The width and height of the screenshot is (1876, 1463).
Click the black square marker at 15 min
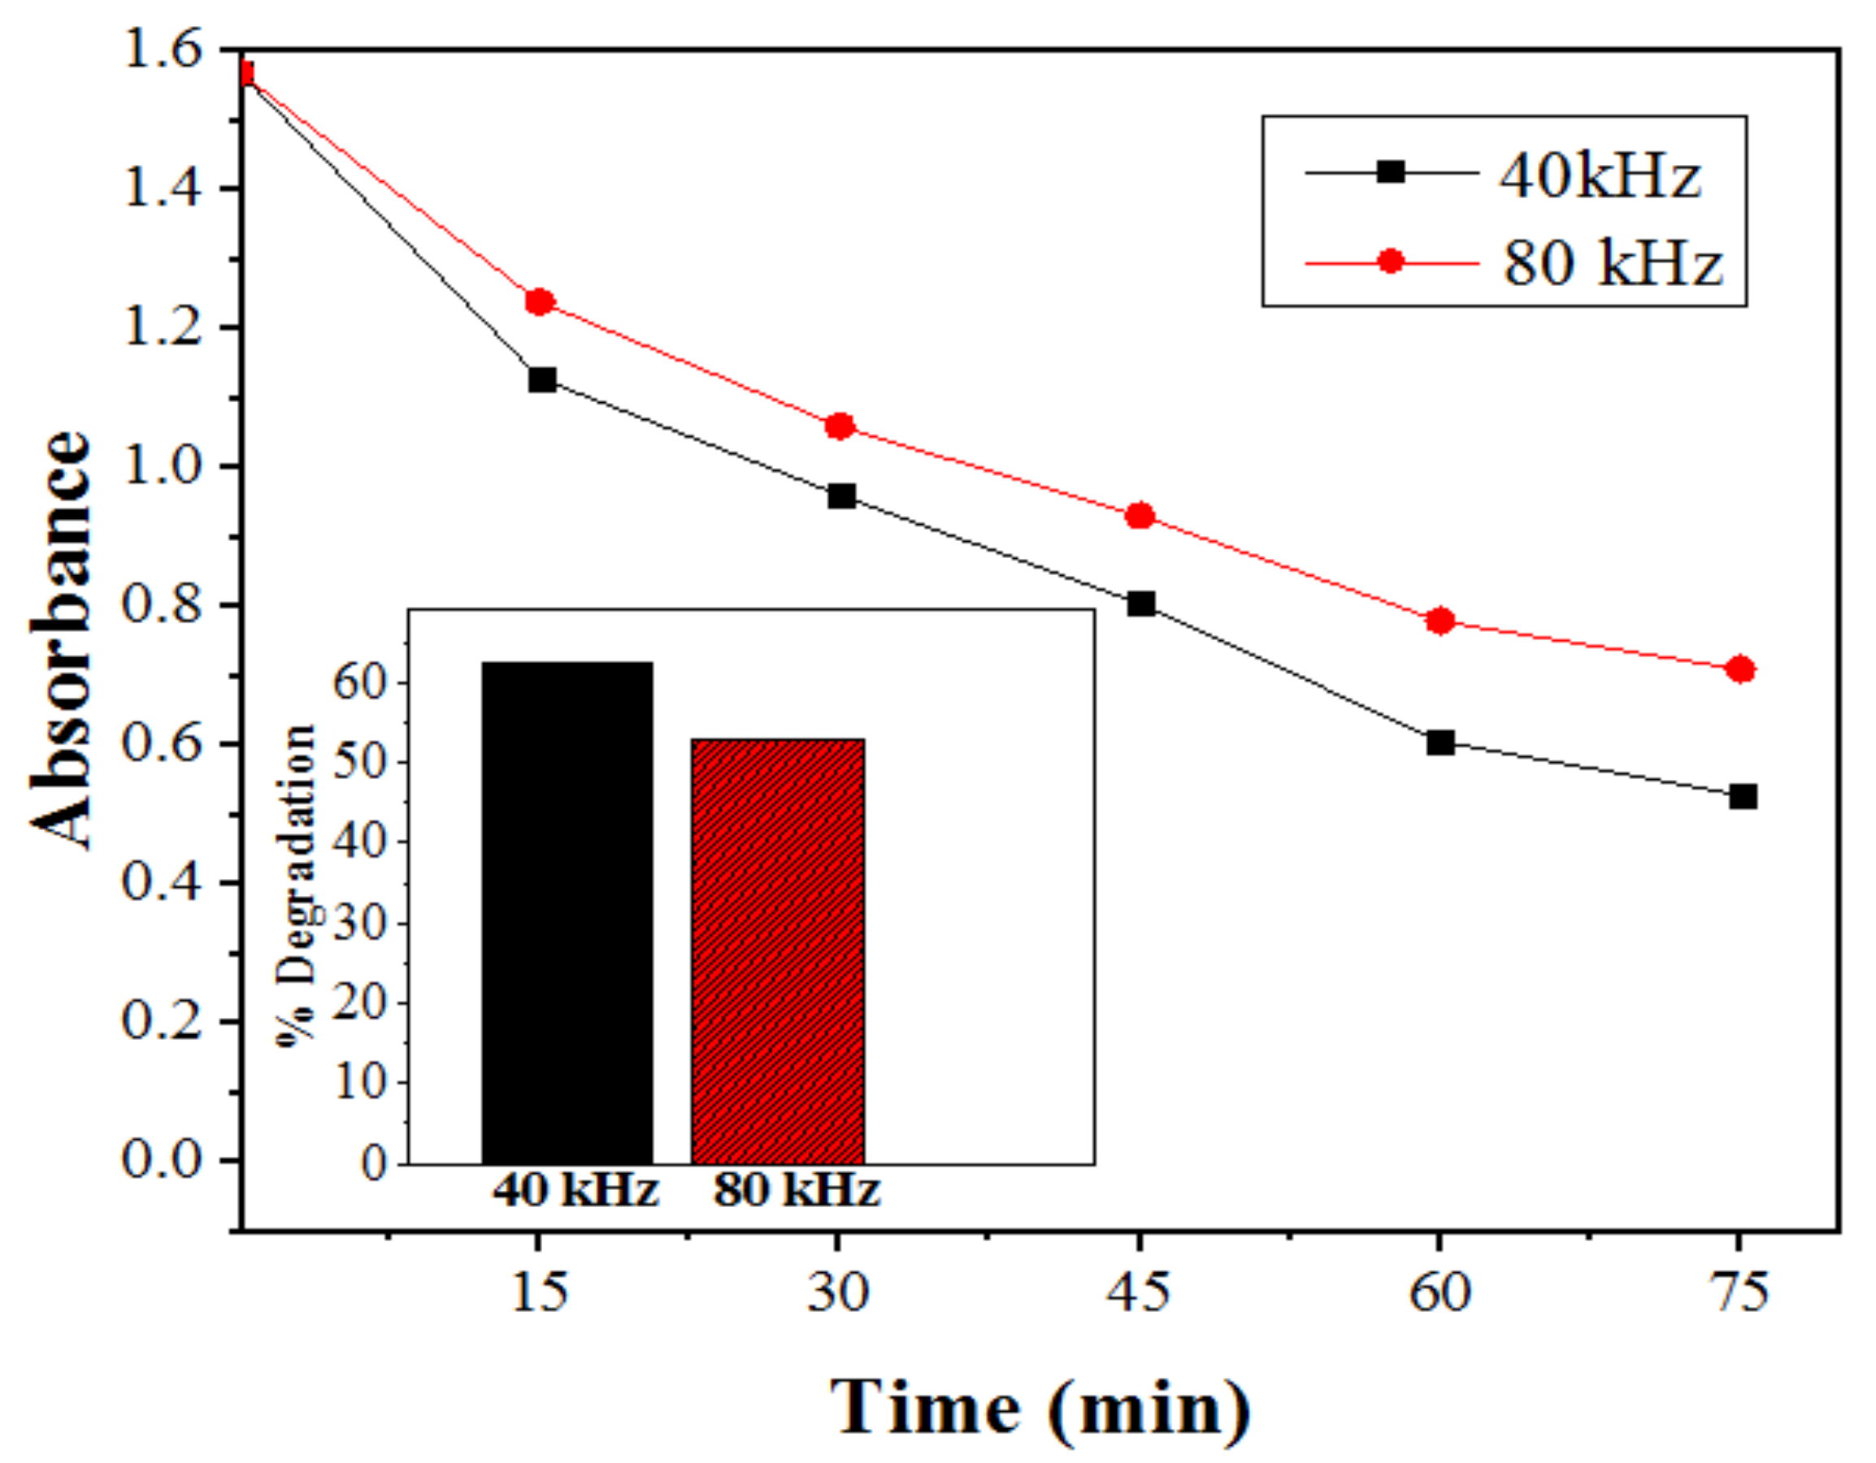542,379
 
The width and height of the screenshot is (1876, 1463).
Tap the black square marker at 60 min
1440,742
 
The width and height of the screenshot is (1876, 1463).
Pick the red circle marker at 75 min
1740,669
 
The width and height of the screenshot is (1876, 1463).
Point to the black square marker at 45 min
1140,604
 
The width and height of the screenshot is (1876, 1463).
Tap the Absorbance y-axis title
60,639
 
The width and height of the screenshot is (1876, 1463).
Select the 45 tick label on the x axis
1138,1292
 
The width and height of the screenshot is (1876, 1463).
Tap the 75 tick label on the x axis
1739,1292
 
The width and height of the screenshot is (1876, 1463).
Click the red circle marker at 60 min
1440,620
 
